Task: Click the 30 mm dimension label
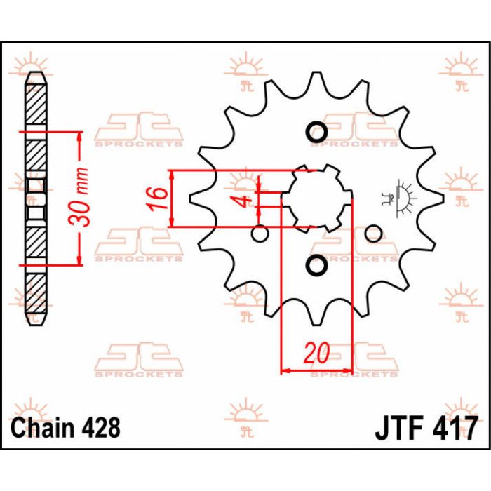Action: pyautogui.click(x=81, y=198)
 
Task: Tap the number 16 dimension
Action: pyautogui.click(x=159, y=198)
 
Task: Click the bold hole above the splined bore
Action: pyautogui.click(x=316, y=132)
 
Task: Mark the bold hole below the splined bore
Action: pyautogui.click(x=316, y=266)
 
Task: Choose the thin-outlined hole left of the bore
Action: pyautogui.click(x=260, y=233)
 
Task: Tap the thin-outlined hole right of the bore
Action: pyautogui.click(x=373, y=233)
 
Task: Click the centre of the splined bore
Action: pyautogui.click(x=316, y=199)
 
